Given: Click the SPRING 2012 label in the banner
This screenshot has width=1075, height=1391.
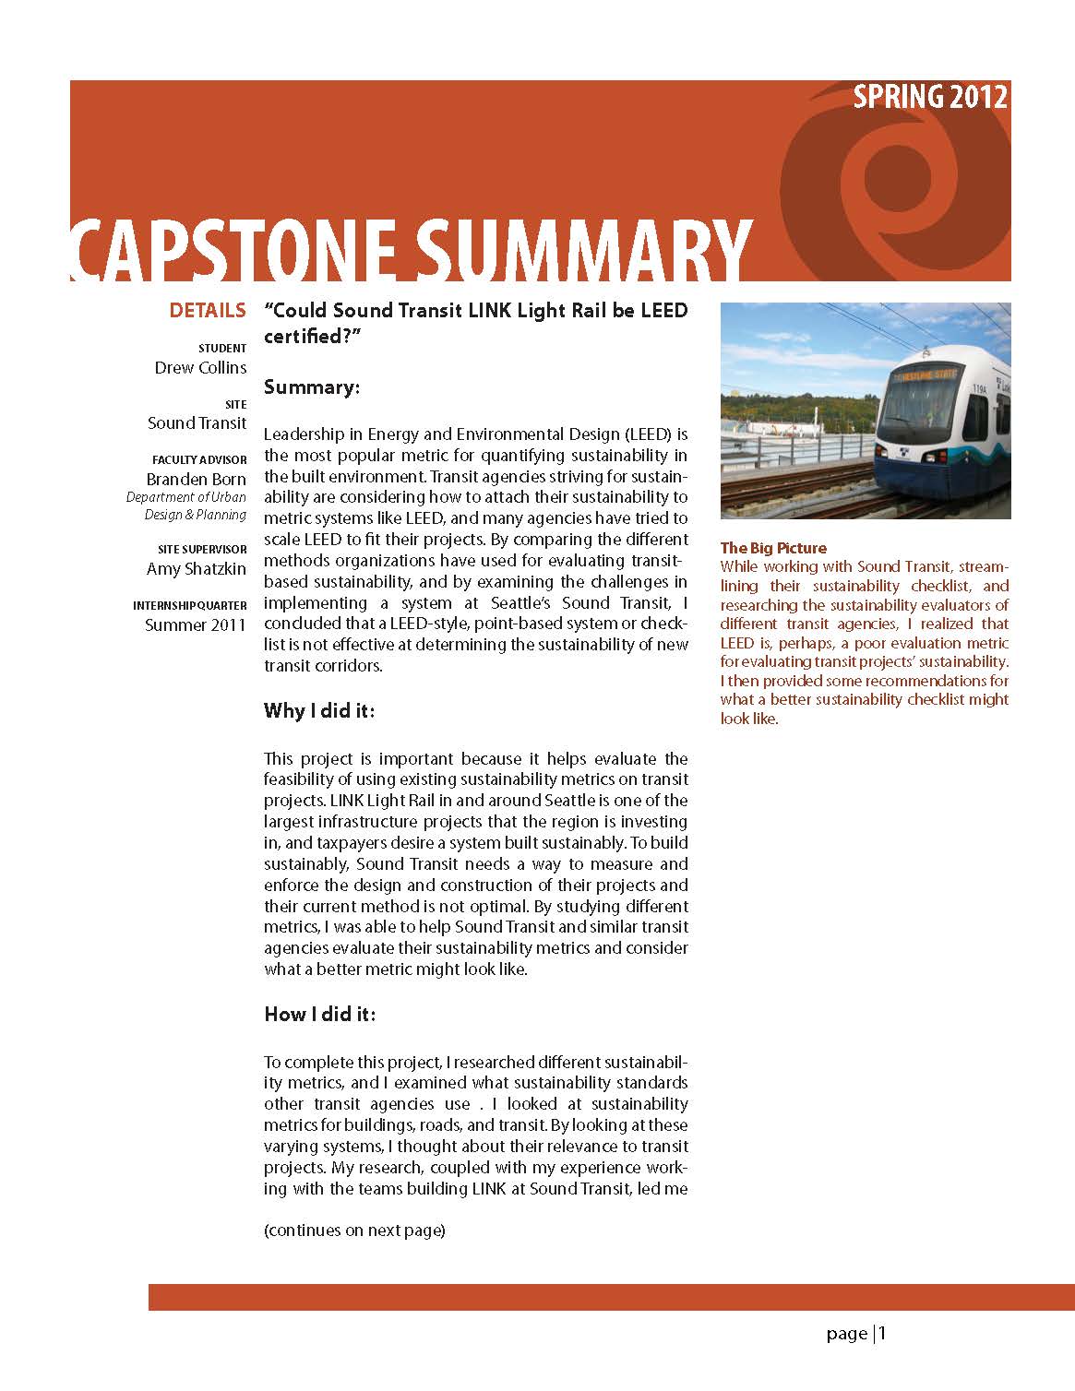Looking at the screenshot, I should coord(929,97).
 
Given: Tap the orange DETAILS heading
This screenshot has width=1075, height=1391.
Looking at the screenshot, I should coord(208,311).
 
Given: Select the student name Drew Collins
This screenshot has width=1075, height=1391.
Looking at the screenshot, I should coord(200,368).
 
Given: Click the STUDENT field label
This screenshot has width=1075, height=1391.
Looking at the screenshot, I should coord(222,348).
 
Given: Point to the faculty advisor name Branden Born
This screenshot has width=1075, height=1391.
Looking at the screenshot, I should coord(196,480).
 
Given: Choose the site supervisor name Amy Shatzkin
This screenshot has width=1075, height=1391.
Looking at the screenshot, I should coord(196,569).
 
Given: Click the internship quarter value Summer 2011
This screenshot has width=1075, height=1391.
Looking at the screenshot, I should coord(196,625).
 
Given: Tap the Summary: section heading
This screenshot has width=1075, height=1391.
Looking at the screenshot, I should coord(311,387).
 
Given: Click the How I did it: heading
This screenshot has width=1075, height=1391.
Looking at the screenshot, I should coord(319,1015).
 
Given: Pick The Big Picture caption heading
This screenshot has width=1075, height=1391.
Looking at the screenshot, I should coord(773,548).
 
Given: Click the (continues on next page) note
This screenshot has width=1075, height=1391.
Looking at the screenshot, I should coord(354,1230).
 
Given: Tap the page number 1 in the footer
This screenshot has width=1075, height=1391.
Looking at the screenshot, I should coord(882,1333).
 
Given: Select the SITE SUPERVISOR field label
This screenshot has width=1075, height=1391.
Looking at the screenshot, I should coord(202,550).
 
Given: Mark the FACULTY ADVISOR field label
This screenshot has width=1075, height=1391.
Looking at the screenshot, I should coord(199,459).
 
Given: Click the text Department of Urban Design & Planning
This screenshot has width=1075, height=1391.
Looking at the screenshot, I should coord(186,506).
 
